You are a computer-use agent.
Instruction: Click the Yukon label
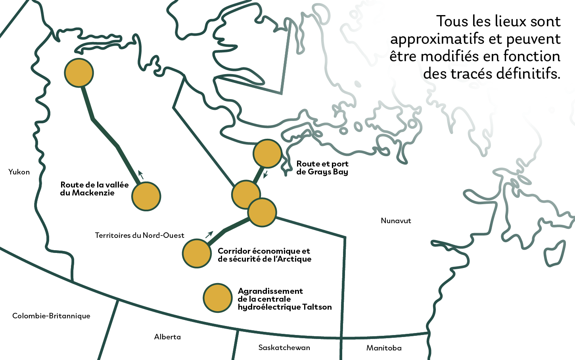tap(19, 172)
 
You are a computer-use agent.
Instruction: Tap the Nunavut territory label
tap(396, 220)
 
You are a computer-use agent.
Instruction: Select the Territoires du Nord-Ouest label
tap(140, 235)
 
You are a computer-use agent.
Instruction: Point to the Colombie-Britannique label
tap(51, 316)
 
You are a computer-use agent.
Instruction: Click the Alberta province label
tap(167, 337)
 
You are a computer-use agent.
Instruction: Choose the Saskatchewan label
tap(284, 347)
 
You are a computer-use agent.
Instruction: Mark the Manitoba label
tap(384, 348)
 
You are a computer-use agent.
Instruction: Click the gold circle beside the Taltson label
tap(217, 298)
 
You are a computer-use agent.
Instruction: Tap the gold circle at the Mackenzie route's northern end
tap(79, 73)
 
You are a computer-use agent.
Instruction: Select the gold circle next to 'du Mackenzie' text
tap(146, 196)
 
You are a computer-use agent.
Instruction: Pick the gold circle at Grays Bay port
tap(267, 153)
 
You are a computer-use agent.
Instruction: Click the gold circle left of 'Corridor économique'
tap(197, 253)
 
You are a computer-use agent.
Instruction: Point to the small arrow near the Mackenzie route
tap(140, 174)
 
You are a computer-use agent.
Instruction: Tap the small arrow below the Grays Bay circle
tap(265, 174)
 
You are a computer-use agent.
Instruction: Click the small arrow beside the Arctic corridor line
tap(209, 234)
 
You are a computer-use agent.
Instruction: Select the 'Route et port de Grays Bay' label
tap(322, 168)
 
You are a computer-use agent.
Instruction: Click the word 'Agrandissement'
tap(270, 291)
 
